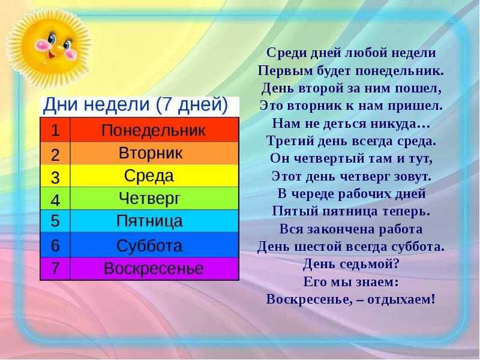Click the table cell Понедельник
pyautogui.click(x=155, y=130)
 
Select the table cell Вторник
pyautogui.click(x=155, y=153)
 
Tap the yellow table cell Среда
pyautogui.click(x=155, y=176)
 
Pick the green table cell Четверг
pyautogui.click(x=155, y=199)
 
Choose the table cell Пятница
pyautogui.click(x=155, y=221)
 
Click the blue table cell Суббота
pyautogui.click(x=155, y=245)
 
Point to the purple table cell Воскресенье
pyautogui.click(x=155, y=268)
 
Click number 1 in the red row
pyautogui.click(x=55, y=130)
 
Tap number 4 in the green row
pyautogui.click(x=55, y=200)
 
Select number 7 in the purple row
pyautogui.click(x=55, y=268)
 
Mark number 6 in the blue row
pyautogui.click(x=55, y=245)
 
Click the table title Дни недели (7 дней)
pyautogui.click(x=136, y=104)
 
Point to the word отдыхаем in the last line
pyautogui.click(x=401, y=299)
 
